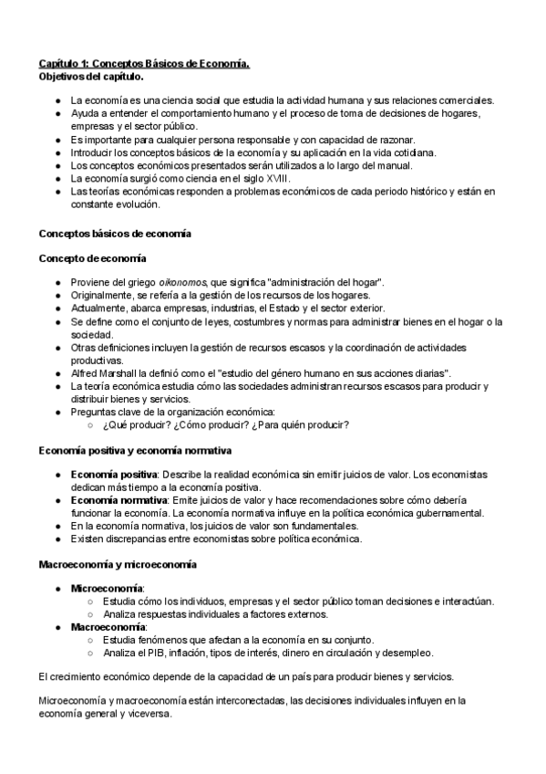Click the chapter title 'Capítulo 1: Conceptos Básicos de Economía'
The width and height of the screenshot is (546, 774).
pyautogui.click(x=143, y=63)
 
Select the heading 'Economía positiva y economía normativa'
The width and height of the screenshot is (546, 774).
pyautogui.click(x=135, y=451)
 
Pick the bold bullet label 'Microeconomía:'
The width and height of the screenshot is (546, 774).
pyautogui.click(x=108, y=589)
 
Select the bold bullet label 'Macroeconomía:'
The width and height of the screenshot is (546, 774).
pyautogui.click(x=109, y=627)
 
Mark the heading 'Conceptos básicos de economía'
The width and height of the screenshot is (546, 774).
pyautogui.click(x=115, y=235)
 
